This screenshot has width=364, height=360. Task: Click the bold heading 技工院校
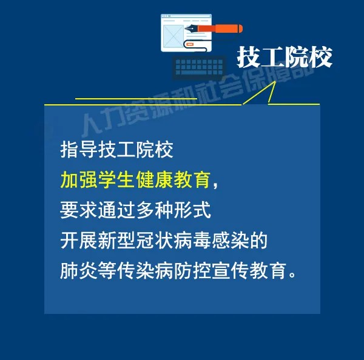coord(285,57)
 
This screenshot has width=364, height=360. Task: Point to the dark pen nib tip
coord(186,28)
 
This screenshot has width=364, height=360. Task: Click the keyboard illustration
coord(199,67)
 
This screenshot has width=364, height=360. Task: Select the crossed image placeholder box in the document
coord(174,36)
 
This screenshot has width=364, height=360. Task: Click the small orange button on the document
coord(190,44)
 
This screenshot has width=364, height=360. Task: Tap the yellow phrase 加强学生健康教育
coord(135,180)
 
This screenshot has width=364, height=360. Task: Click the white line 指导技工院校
coord(116,150)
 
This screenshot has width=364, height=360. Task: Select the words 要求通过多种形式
coord(135,210)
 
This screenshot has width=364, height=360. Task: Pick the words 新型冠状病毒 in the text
coord(154,241)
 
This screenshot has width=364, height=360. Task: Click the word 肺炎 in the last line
coord(79,270)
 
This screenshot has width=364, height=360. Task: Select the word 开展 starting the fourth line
coord(79,241)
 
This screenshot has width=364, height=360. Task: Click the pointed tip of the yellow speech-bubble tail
coord(275,81)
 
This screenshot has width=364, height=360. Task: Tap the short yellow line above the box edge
coord(136,99)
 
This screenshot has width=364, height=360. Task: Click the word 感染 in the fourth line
coord(230,241)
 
